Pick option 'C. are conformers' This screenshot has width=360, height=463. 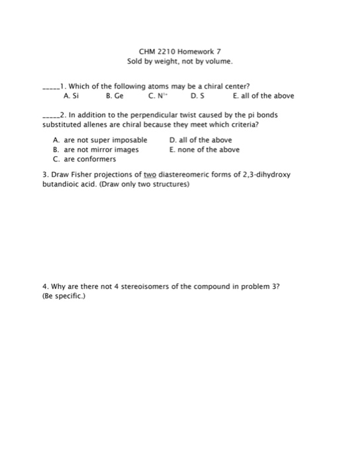83,159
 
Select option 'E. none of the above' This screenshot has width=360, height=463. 204,149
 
